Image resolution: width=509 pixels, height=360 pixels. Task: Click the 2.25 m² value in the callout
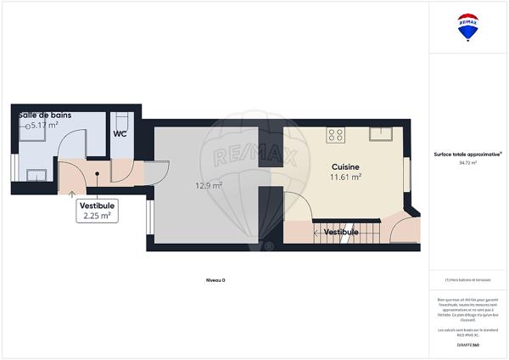(x=97, y=216)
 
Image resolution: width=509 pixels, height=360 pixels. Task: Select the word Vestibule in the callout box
(x=97, y=205)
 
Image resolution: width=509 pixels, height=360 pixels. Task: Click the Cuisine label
(x=345, y=166)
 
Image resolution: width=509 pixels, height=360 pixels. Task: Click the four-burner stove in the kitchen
(x=335, y=134)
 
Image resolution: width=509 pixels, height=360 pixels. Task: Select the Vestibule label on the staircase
(x=340, y=231)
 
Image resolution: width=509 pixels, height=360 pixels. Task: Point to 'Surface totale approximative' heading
(x=467, y=154)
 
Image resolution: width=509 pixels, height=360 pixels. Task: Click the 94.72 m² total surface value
(x=467, y=162)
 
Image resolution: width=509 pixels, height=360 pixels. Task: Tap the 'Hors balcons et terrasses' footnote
(x=467, y=280)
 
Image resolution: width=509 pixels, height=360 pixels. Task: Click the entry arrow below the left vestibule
(x=70, y=193)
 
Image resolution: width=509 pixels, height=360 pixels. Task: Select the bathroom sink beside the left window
(x=36, y=175)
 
